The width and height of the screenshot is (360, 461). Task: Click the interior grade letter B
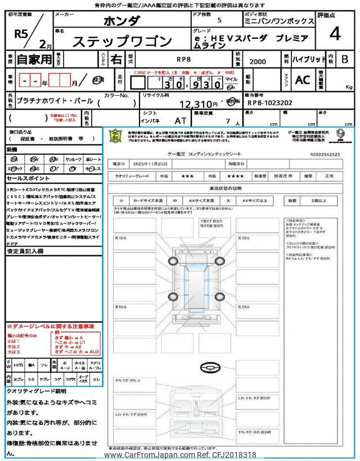344,59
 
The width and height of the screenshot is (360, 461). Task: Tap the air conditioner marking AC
303,80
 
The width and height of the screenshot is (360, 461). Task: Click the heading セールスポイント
28,177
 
